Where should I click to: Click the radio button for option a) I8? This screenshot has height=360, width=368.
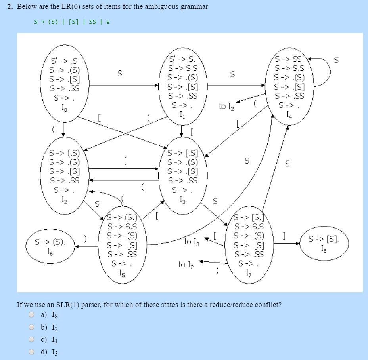[x=31, y=315]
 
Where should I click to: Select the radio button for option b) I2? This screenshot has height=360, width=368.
[x=31, y=327]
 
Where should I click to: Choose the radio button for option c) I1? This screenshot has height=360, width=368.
[x=31, y=339]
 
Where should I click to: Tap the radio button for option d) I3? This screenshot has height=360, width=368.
[x=31, y=352]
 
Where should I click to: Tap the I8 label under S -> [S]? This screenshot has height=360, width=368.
[x=324, y=249]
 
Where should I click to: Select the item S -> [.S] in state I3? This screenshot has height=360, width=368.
[x=182, y=153]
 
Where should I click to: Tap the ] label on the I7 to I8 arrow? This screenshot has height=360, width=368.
[x=284, y=235]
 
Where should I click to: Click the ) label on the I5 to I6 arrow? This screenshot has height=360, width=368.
[x=84, y=238]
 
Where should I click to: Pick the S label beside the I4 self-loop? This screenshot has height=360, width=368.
[x=336, y=60]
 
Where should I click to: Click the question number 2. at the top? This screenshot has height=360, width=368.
[x=11, y=7]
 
